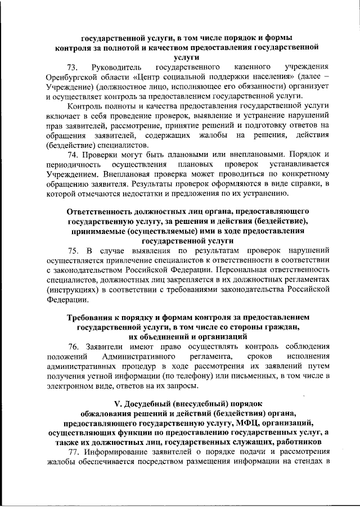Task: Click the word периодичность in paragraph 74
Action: pos(73,164)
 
